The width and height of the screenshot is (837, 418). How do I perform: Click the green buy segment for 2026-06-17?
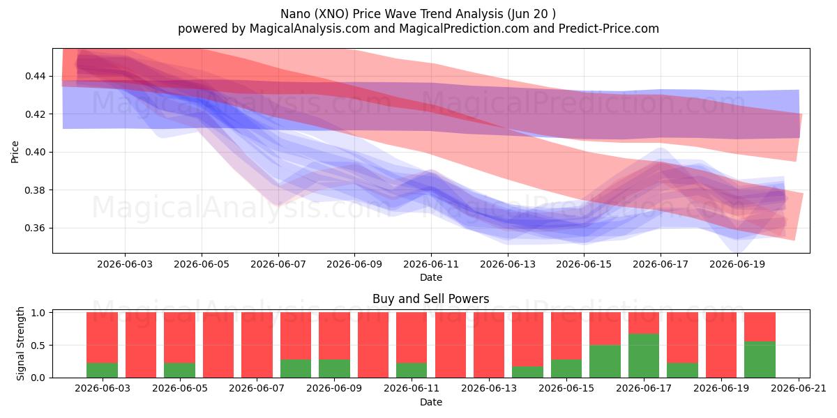click(x=643, y=356)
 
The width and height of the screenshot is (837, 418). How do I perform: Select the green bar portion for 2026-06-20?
click(x=760, y=359)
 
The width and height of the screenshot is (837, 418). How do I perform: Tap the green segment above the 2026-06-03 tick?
click(x=102, y=370)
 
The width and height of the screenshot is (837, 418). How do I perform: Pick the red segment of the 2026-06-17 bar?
click(x=643, y=323)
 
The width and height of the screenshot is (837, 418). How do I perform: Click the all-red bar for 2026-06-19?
click(x=721, y=345)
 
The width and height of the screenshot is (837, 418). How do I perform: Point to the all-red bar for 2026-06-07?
click(x=257, y=345)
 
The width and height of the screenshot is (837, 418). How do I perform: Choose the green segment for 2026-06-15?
click(x=566, y=369)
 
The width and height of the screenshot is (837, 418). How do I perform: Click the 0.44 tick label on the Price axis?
click(x=35, y=76)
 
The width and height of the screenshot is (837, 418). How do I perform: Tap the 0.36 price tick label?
click(x=35, y=228)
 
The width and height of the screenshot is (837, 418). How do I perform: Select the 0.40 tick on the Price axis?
click(x=35, y=153)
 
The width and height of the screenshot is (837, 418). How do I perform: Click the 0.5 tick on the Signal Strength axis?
click(x=38, y=346)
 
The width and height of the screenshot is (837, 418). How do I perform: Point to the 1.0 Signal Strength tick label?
click(x=38, y=313)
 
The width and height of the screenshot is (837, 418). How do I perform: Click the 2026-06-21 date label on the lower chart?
click(x=799, y=389)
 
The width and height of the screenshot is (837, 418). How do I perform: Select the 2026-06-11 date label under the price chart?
click(x=431, y=264)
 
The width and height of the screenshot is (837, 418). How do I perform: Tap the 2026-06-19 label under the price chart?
click(x=737, y=264)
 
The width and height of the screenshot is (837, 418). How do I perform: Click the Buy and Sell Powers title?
click(x=431, y=299)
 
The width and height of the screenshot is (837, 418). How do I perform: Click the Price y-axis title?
click(x=15, y=153)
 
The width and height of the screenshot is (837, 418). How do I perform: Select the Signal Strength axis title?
click(x=20, y=343)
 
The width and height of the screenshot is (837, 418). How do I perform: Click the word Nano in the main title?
click(x=295, y=14)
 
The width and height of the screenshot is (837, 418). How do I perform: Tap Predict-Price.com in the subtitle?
click(x=609, y=29)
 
